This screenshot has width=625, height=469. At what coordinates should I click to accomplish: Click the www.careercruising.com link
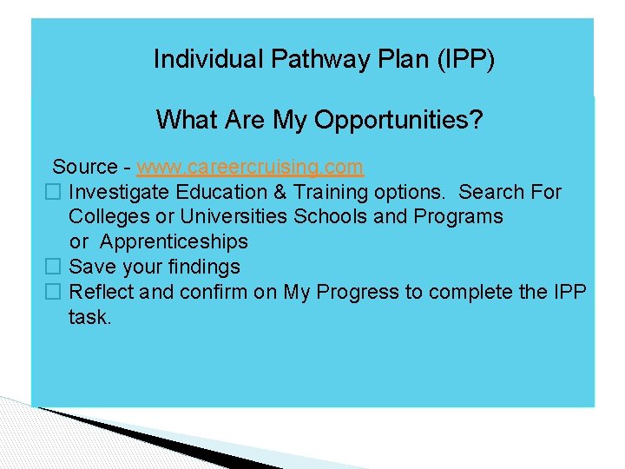(250, 167)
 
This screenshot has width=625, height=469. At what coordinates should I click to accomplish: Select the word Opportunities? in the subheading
(398, 120)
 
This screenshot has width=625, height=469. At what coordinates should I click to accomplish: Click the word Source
(84, 167)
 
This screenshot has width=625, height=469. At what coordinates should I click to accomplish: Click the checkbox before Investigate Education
(52, 192)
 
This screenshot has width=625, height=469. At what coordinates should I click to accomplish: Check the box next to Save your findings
(52, 267)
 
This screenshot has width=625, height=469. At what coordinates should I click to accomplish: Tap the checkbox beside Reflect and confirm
(52, 292)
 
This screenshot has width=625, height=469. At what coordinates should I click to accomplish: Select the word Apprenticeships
(174, 241)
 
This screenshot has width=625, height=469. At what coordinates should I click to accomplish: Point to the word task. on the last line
(89, 317)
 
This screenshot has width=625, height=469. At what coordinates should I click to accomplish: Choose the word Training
(326, 192)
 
